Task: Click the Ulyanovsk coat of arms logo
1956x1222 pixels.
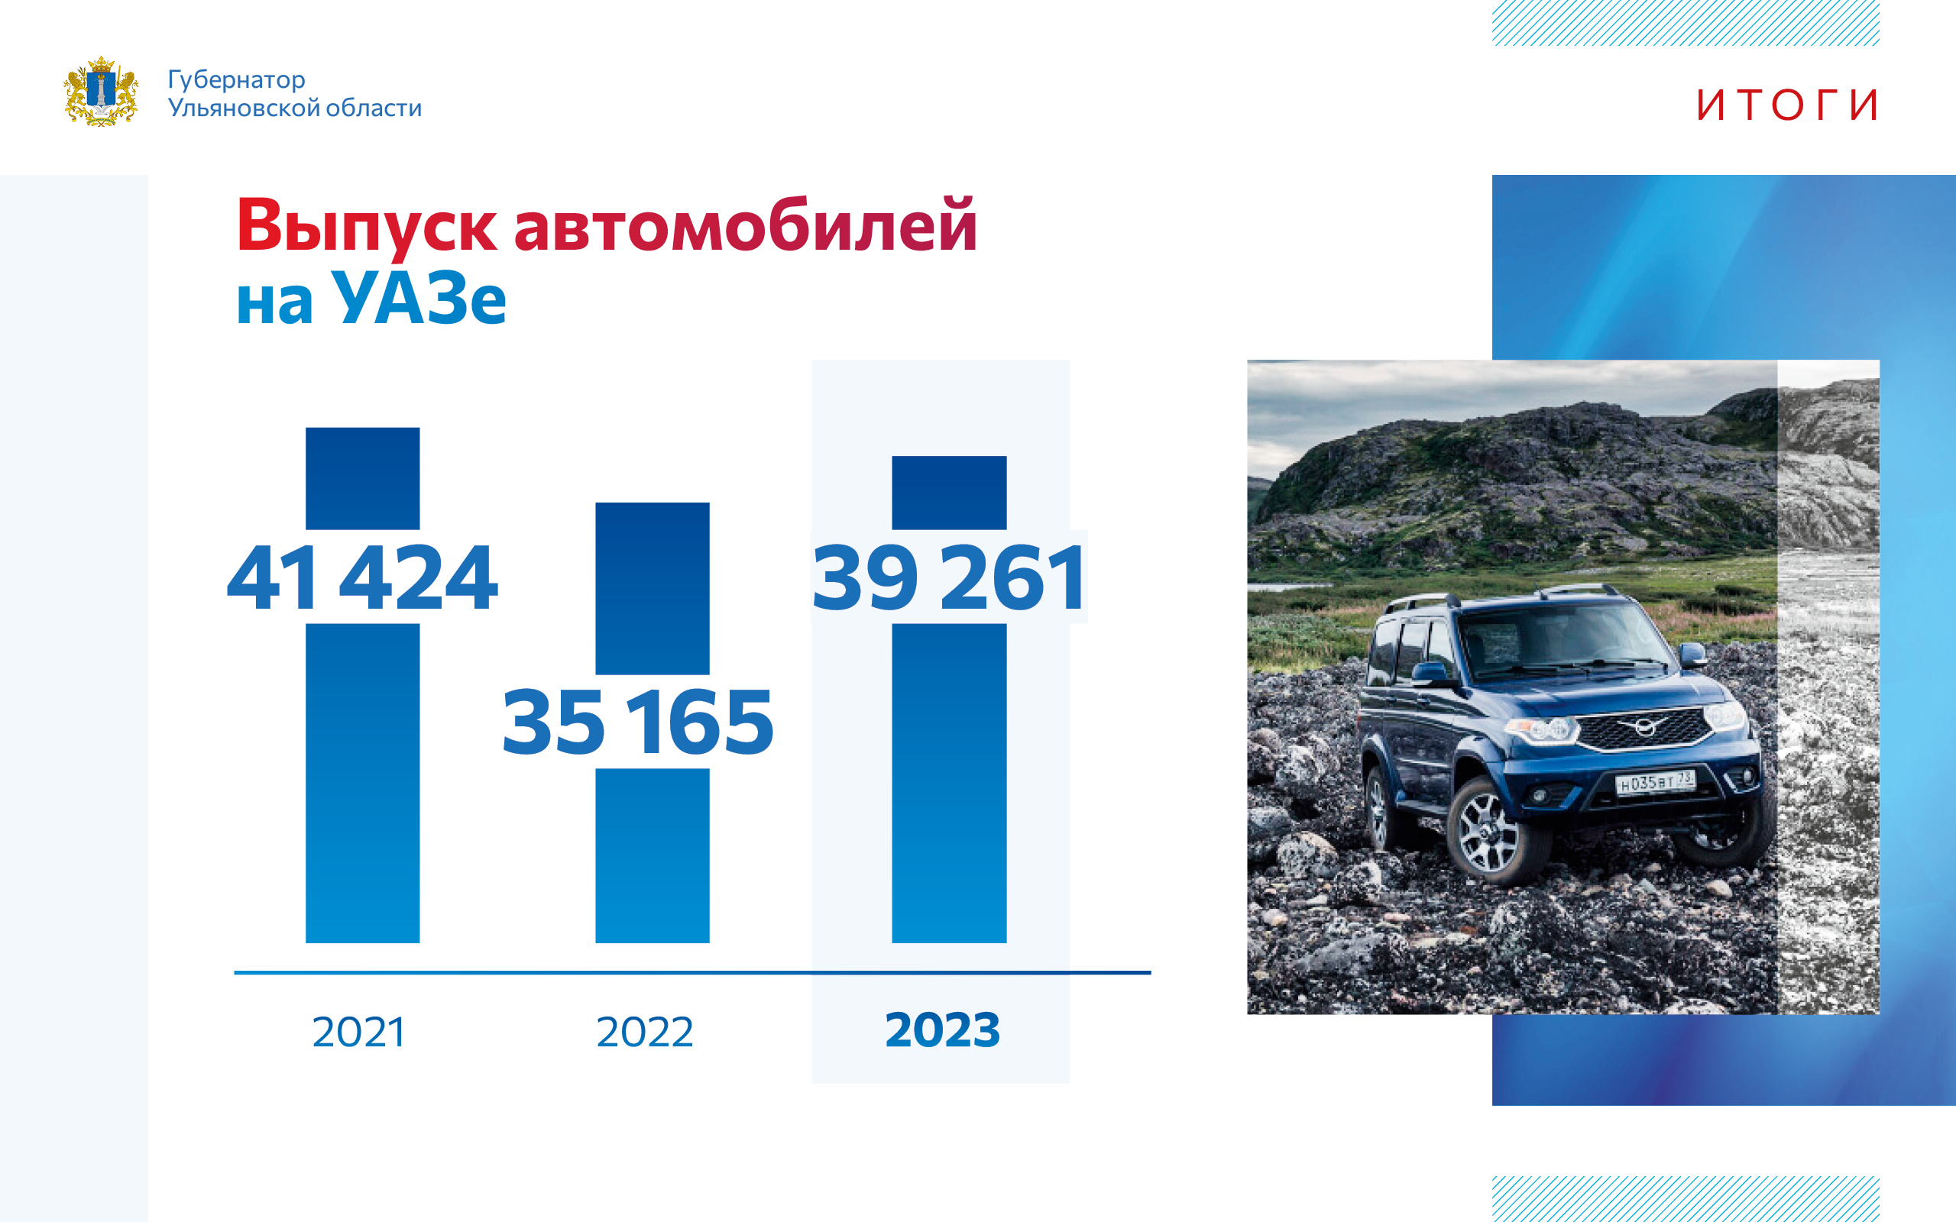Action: pos(101,92)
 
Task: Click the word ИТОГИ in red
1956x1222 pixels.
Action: pos(1787,105)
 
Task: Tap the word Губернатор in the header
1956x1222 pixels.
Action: pos(236,80)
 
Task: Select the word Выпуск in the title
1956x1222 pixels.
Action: pos(366,227)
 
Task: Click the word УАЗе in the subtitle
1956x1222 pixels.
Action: pos(419,297)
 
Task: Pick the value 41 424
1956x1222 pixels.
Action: pos(362,577)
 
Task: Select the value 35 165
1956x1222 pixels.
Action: pos(638,722)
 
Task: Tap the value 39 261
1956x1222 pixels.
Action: pos(949,577)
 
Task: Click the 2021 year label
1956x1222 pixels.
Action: pos(358,1032)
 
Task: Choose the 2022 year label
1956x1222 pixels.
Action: pos(644,1032)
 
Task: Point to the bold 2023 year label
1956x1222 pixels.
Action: pos(942,1030)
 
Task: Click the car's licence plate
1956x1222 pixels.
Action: pos(1654,781)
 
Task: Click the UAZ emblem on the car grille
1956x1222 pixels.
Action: pos(1646,726)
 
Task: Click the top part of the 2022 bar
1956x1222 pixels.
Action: pos(653,588)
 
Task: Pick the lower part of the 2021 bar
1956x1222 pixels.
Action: pos(362,783)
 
